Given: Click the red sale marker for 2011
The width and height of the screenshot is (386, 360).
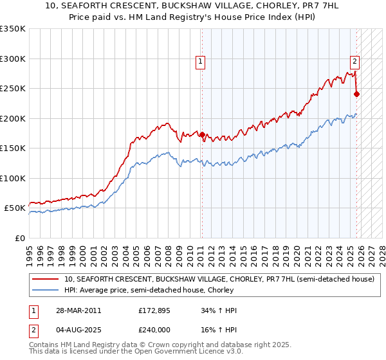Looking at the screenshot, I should (x=202, y=135).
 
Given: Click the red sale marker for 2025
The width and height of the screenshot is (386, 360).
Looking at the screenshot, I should (x=357, y=94).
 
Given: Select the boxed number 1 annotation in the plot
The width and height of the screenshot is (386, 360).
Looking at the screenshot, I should (x=201, y=62).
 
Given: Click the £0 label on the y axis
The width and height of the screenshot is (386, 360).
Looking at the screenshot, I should (x=19, y=239).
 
